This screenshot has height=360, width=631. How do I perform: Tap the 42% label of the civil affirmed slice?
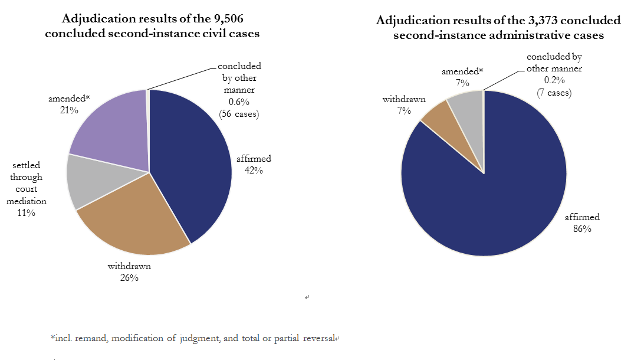coord(254,171)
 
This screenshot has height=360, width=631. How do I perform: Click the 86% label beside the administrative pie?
coord(581,228)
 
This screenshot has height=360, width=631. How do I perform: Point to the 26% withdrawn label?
coord(129,277)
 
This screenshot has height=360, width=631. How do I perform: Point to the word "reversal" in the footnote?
coord(315,338)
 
